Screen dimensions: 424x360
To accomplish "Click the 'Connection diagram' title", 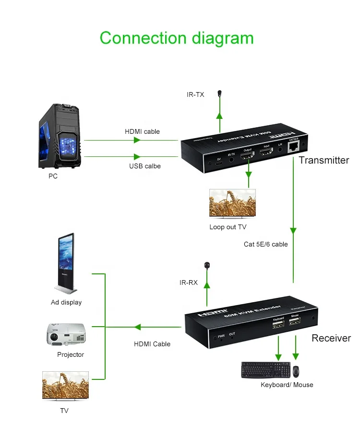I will point(176,38).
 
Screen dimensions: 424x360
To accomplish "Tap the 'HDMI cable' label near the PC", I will point(142,131).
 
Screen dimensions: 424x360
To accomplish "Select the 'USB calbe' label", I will point(144,166).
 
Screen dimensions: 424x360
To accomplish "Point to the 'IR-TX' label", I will point(195,94).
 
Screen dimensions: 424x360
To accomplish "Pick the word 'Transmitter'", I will point(324,160).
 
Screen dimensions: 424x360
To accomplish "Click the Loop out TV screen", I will point(232,203).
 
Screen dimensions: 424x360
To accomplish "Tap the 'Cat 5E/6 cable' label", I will point(265,244).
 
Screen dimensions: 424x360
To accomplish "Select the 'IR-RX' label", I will point(189,283).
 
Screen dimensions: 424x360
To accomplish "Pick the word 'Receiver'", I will point(331,338).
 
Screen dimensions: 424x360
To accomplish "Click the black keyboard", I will point(266,370).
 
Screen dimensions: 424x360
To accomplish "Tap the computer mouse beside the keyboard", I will point(296,371).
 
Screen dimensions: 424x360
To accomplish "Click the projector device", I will point(66,334).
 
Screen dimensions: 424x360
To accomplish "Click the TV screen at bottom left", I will point(65,386).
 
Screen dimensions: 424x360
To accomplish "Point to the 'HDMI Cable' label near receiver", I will point(152,344).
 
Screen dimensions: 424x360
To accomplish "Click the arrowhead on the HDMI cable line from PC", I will point(137,140).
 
